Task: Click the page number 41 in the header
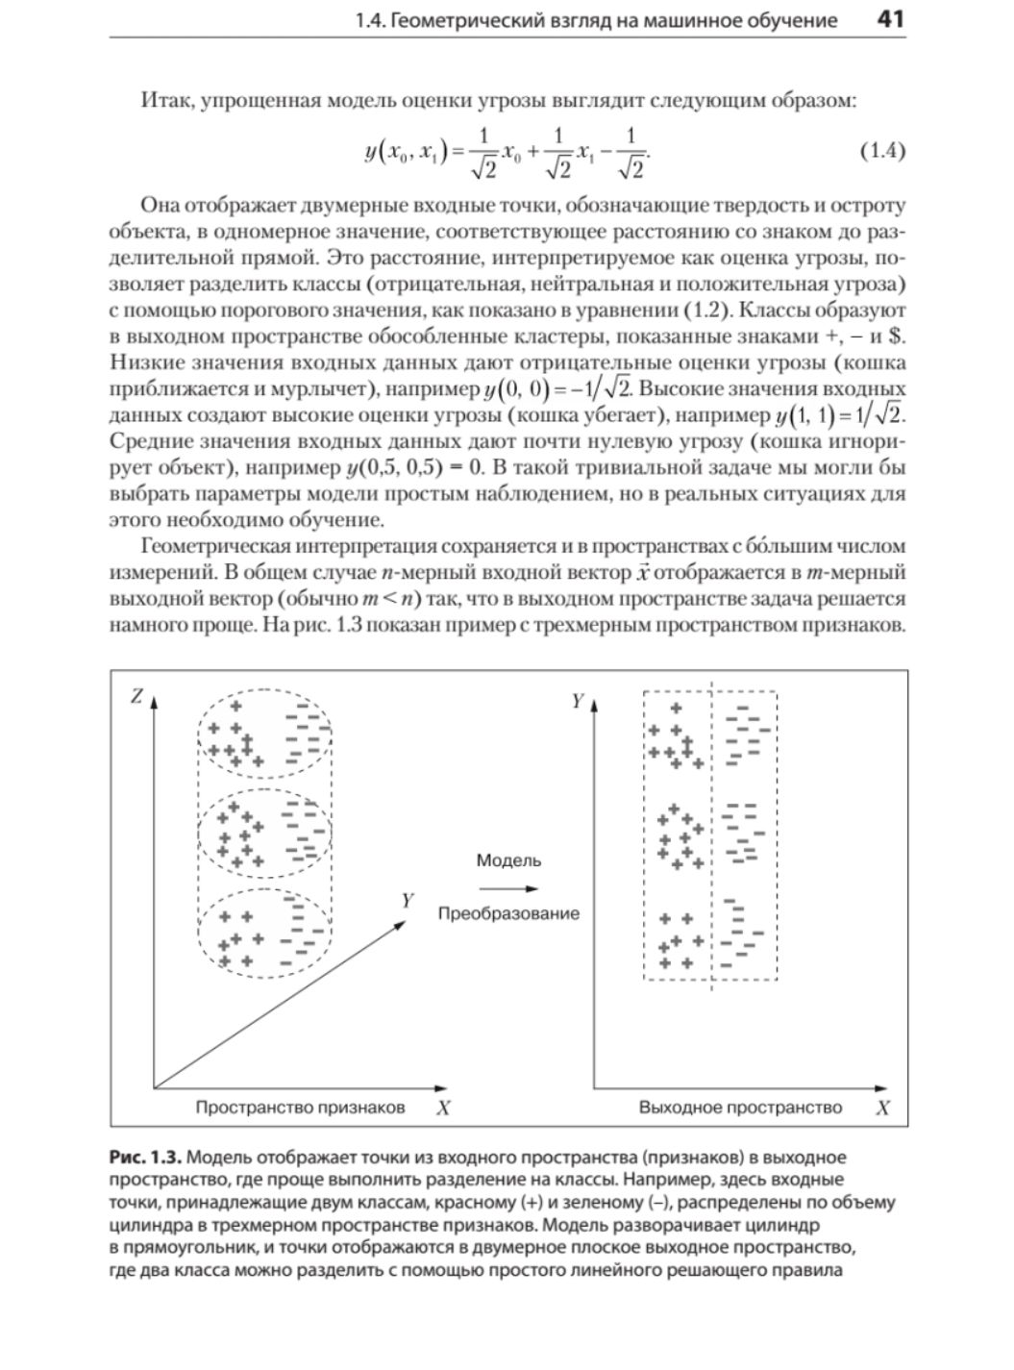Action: pos(891,19)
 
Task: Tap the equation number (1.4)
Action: pos(880,151)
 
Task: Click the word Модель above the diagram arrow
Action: pos(508,860)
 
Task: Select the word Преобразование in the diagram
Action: pos(508,913)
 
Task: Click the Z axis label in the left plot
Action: pos(136,696)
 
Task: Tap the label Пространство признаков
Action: pos(300,1107)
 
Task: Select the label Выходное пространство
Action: pos(740,1107)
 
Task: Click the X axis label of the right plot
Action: pos(882,1108)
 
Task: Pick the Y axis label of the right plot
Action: pos(578,701)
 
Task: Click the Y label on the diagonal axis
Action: pos(408,900)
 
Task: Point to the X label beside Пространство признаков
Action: pos(443,1108)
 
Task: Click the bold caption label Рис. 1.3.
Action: pos(145,1157)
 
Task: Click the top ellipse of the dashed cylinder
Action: pos(264,733)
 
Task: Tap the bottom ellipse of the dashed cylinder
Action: pos(264,932)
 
